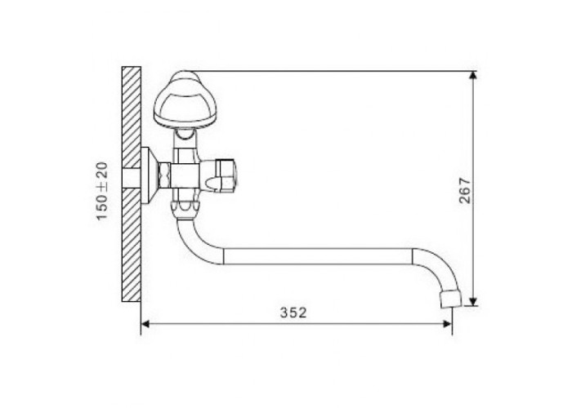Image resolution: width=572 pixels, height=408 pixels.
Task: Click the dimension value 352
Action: [x=293, y=313]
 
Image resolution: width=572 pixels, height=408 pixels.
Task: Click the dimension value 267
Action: [x=465, y=190]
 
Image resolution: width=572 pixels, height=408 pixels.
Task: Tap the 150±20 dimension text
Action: [x=102, y=191]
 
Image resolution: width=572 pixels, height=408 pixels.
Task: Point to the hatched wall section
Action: [x=132, y=184]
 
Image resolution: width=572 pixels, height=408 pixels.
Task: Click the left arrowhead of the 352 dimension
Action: [x=145, y=323]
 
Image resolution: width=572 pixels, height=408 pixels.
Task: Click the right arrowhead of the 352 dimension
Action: [x=447, y=323]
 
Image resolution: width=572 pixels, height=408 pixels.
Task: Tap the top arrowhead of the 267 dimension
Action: [x=473, y=76]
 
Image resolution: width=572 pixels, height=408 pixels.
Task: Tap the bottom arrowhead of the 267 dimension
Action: [x=473, y=302]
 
